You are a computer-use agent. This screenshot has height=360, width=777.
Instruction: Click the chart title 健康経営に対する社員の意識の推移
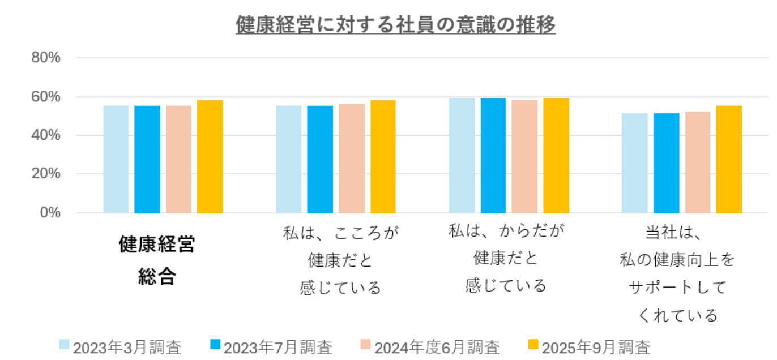pos(395,25)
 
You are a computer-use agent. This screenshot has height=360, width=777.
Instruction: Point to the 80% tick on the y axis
pos(46,58)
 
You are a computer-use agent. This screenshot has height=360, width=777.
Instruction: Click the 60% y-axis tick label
pos(46,97)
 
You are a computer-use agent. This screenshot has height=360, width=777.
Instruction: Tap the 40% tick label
pos(46,135)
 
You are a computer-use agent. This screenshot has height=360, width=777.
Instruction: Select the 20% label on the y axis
pos(46,174)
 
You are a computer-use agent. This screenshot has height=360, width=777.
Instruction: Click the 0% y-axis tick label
pos(50,213)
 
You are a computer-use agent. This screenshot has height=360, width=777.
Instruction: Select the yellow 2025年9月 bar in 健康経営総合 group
pos(210,156)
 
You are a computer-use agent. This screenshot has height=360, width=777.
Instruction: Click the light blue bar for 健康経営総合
pos(116,159)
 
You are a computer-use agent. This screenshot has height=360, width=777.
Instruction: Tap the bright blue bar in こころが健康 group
pos(320,159)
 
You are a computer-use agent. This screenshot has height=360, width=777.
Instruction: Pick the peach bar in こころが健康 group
pos(352,158)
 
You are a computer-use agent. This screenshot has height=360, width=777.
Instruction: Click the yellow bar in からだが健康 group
pos(556,156)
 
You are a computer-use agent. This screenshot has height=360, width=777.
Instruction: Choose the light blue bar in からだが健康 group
pos(462,156)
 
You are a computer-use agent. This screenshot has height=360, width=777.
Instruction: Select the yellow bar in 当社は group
pos(729,159)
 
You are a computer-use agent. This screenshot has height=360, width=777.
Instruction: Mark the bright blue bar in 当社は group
pos(666,163)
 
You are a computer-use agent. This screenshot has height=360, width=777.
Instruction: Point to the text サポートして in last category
pos(677,288)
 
